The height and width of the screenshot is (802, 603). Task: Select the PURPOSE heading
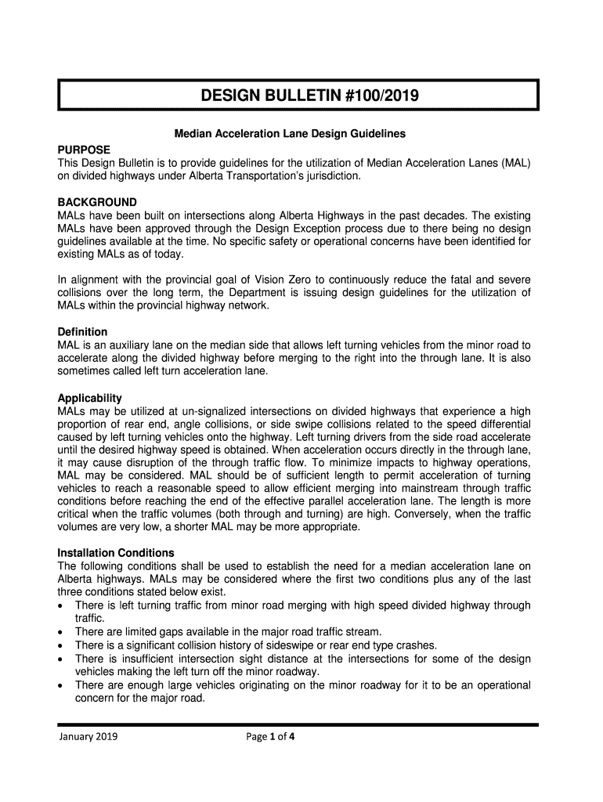pos(84,149)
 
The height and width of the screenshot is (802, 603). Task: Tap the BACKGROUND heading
pos(97,202)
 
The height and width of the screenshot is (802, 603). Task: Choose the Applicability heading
pos(90,398)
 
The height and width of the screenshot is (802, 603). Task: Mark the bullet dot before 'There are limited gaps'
pos(62,632)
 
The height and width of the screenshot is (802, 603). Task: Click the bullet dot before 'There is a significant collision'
pos(62,645)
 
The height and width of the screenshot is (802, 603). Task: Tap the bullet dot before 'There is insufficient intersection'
pos(62,659)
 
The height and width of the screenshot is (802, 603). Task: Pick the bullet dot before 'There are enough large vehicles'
pos(62,685)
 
